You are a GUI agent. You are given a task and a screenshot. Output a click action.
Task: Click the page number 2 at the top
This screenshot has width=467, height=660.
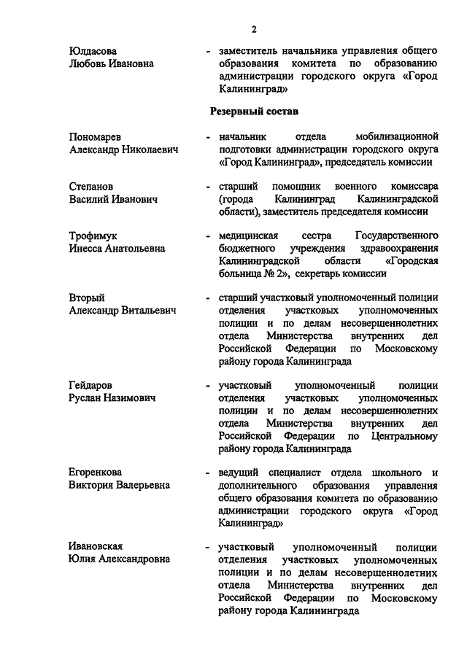point(254,28)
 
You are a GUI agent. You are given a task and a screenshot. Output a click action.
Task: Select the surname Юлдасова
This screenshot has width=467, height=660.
point(93,50)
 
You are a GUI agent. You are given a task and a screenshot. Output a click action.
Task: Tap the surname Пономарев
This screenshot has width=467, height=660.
point(96,136)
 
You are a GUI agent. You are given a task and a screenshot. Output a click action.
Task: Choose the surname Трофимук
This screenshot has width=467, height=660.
point(93,236)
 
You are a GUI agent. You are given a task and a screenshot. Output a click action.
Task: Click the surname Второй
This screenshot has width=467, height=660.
point(87,298)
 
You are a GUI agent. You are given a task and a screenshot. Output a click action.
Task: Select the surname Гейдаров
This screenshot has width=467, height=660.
point(92,385)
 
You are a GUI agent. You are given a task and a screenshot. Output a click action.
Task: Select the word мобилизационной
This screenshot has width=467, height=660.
point(397,136)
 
